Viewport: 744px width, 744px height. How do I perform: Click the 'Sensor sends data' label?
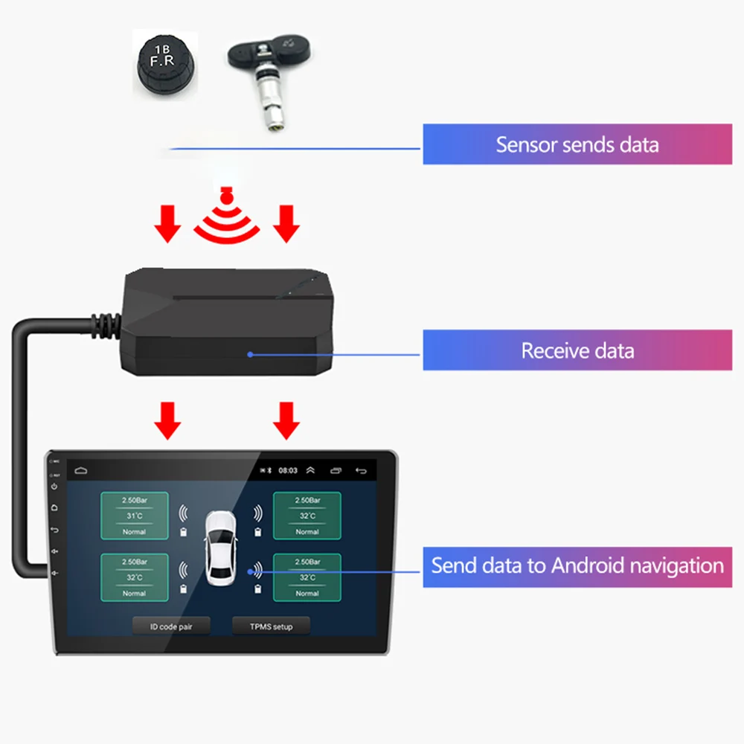577,144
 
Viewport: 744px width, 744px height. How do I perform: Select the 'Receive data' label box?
577,350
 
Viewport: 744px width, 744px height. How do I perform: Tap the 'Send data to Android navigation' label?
577,565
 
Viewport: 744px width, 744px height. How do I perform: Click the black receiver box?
223,320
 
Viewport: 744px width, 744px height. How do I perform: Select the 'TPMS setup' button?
272,626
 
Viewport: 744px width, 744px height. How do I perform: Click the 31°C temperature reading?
134,516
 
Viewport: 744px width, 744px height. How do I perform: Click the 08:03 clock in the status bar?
288,470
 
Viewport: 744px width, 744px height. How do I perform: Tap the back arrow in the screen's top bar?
362,470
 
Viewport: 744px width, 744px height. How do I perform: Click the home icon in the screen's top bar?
80,470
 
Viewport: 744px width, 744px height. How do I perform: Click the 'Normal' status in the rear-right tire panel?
307,594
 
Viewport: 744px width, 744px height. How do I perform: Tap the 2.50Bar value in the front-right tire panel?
307,501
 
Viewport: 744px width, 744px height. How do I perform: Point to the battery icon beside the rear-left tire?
183,588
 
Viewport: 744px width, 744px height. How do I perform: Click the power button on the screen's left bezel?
54,487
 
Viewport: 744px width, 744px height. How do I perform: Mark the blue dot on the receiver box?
251,354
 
